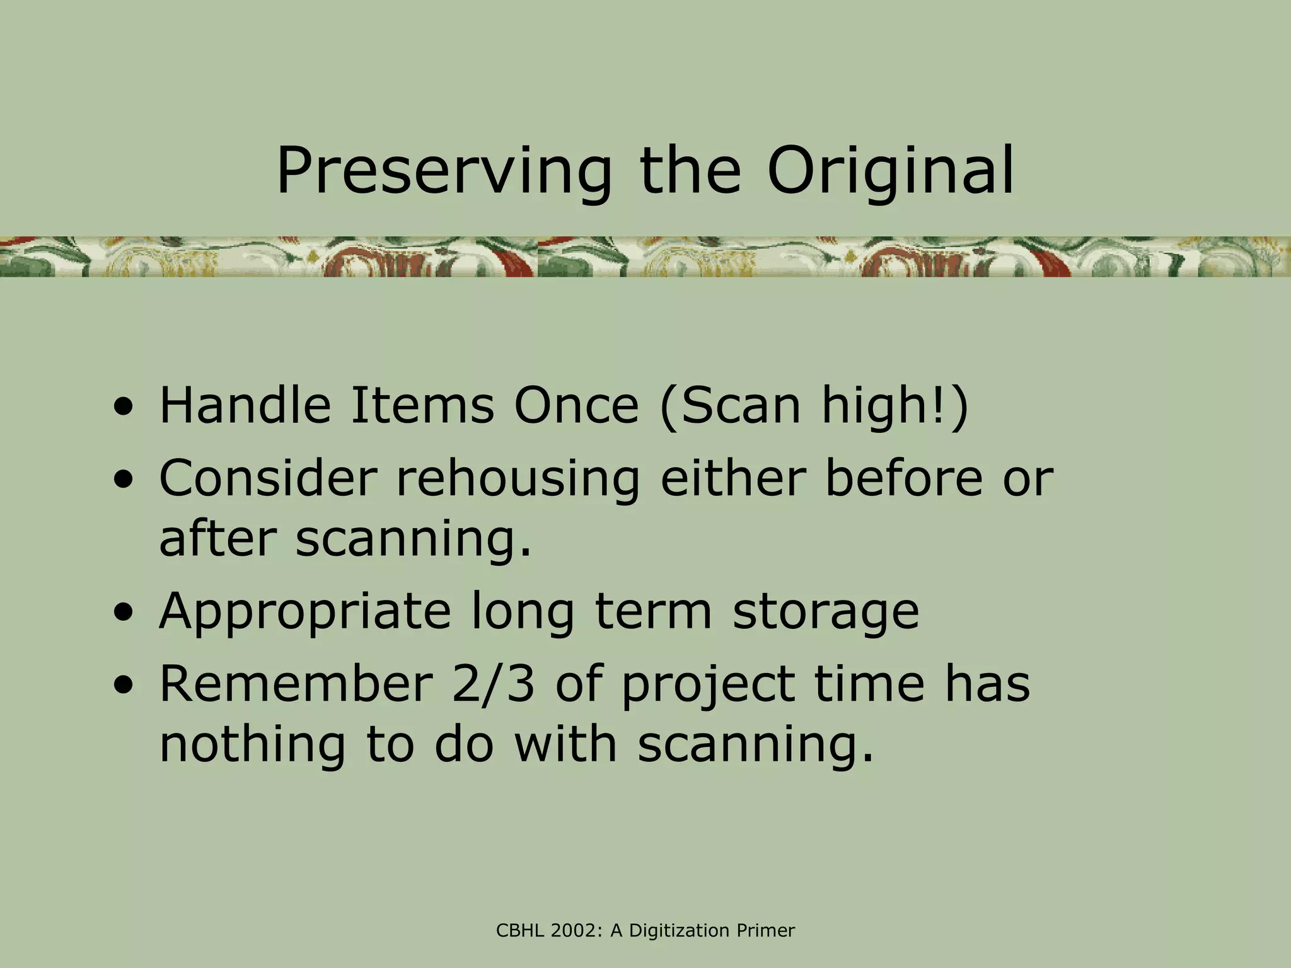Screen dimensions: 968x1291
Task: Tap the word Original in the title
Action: coord(890,171)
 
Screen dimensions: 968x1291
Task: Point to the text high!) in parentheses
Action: coord(894,406)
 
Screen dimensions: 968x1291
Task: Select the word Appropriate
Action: coord(305,613)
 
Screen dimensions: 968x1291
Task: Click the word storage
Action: coord(825,613)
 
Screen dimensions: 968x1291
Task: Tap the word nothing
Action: coord(252,745)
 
